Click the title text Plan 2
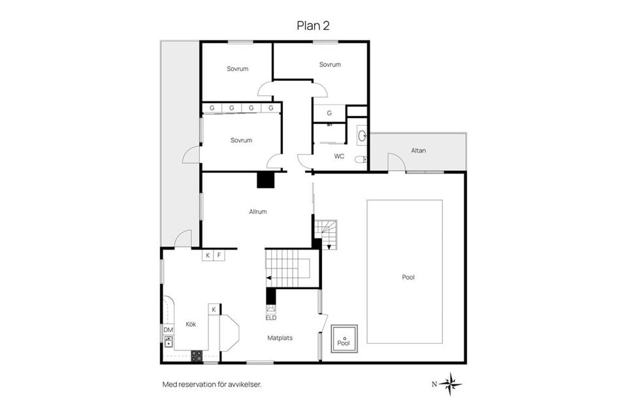(313, 25)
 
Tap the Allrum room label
(258, 211)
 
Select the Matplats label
(280, 338)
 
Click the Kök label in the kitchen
(191, 324)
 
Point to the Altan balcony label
(418, 151)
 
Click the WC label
(339, 156)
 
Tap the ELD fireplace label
(270, 318)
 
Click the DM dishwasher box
(169, 330)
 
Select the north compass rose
(451, 384)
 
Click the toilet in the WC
(361, 160)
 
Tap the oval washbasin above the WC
(362, 136)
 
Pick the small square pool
(344, 339)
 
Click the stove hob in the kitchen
(197, 356)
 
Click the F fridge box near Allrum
(219, 255)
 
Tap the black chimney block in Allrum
(266, 179)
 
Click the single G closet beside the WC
(329, 113)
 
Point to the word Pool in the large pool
(408, 277)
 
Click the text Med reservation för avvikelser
(212, 384)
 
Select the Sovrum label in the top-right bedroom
(330, 65)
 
